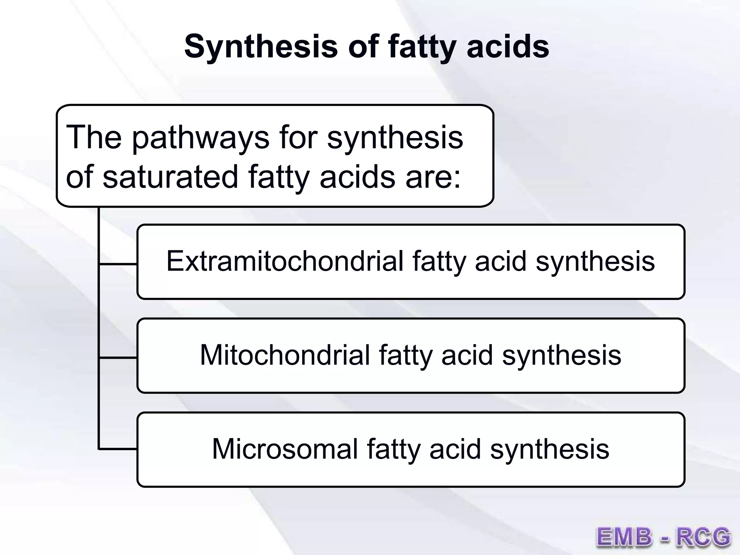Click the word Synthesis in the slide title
click(x=261, y=47)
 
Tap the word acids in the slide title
click(x=508, y=47)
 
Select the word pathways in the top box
click(x=201, y=138)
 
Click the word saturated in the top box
click(x=170, y=177)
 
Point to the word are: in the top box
click(x=433, y=177)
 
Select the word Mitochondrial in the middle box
click(x=285, y=355)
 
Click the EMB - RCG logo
click(x=663, y=537)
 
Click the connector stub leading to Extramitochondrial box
click(x=118, y=264)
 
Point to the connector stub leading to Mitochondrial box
click(x=118, y=358)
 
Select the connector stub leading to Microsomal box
click(x=118, y=449)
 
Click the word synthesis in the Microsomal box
click(x=550, y=449)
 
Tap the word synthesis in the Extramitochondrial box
click(x=595, y=261)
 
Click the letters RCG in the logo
click(x=703, y=537)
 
